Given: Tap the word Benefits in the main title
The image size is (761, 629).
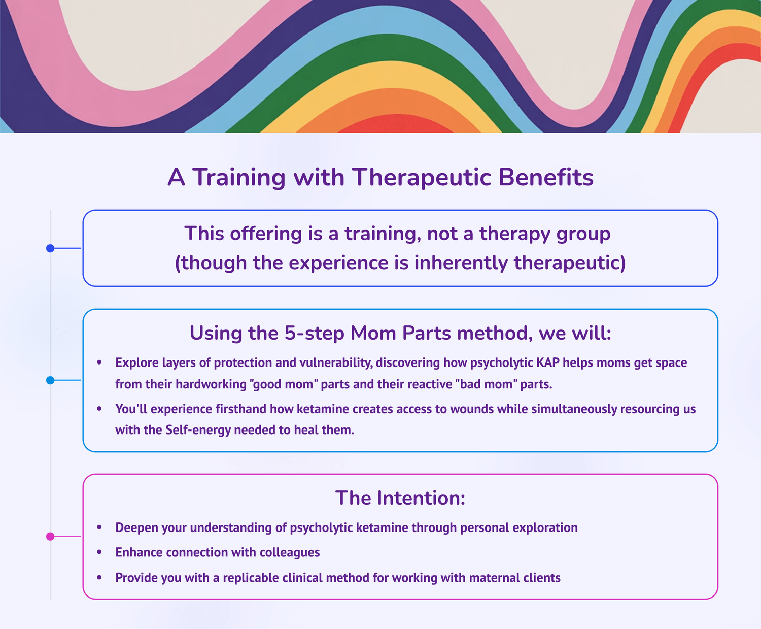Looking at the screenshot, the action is coord(546,177).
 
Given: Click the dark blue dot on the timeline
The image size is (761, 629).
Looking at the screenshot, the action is coord(50,248).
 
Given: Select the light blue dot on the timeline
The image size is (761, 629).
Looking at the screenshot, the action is coord(50,380).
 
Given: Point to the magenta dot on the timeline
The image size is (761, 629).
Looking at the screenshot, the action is coord(50,537).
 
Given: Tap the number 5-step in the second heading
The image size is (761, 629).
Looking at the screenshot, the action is coord(314,333).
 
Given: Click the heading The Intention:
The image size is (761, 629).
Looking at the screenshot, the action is coord(400,498).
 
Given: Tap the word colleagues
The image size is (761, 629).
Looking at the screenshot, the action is coord(289,553).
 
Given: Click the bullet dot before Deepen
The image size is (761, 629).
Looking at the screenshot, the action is coord(99,527).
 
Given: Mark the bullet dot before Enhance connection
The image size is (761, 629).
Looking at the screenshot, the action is coord(99,552).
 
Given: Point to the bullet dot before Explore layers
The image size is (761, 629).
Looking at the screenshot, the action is coord(99,362).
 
